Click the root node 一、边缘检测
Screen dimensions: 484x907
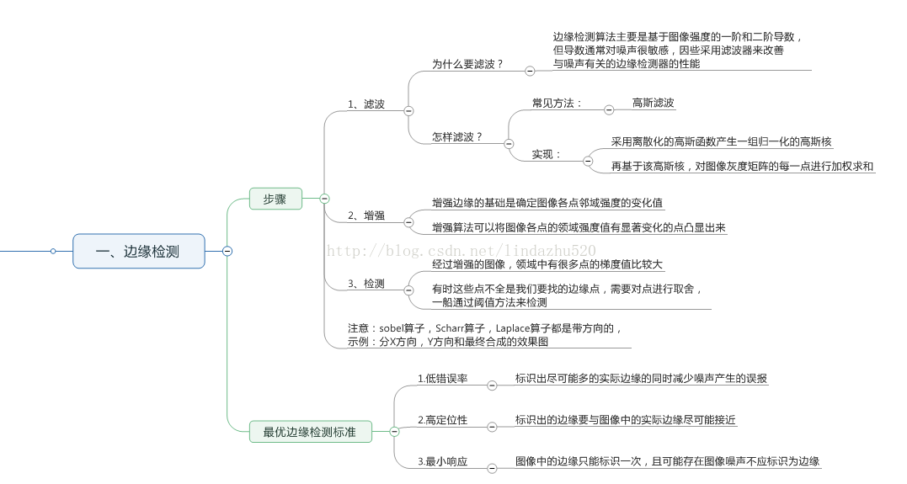pos(138,251)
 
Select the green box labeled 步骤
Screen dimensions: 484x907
pos(275,199)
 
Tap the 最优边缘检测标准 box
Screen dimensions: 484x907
pos(309,432)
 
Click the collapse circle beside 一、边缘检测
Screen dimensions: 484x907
pos(227,251)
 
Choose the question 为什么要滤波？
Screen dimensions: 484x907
pos(467,64)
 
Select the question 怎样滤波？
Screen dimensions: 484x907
pos(457,137)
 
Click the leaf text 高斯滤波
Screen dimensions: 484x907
pos(654,103)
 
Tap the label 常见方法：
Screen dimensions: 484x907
pos(557,103)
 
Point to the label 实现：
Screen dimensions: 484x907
pos(547,155)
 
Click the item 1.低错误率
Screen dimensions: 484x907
pos(442,379)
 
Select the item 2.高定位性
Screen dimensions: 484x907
pos(442,419)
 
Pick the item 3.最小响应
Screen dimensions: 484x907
pos(442,461)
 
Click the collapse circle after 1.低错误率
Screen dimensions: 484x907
pos(492,385)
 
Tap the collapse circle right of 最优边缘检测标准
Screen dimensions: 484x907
pos(394,431)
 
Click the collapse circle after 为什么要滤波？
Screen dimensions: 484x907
pos(530,72)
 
